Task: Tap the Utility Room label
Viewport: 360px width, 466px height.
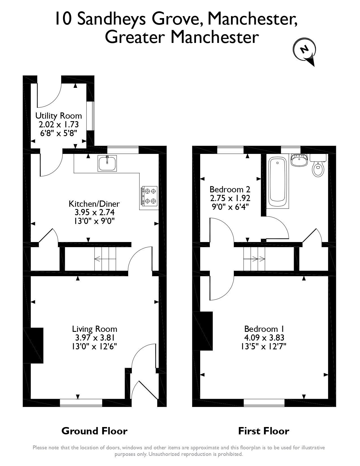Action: (58, 116)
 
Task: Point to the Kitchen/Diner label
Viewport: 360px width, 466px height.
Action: (94, 204)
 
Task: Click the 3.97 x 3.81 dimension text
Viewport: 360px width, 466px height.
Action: (94, 337)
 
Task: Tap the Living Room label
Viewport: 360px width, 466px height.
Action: (95, 329)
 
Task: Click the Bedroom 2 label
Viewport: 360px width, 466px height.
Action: (230, 189)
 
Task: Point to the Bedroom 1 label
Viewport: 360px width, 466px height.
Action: (264, 329)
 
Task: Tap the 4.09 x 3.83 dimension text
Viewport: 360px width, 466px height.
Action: (264, 337)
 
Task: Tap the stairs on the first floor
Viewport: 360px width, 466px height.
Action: (254, 258)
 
